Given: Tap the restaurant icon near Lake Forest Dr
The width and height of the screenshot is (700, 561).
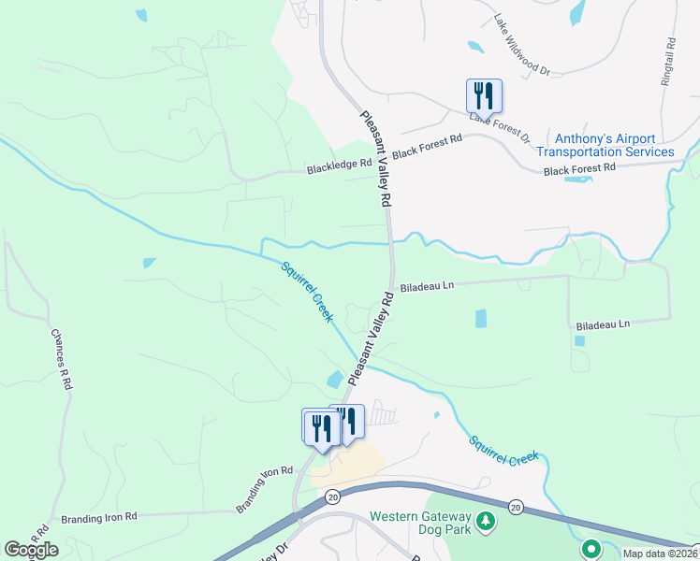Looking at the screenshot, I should click(484, 95).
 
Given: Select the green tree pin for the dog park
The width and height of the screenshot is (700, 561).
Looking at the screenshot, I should click(485, 521).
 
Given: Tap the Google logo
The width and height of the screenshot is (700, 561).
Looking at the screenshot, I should click(31, 550).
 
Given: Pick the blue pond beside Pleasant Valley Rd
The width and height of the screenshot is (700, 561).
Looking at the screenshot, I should click(334, 380).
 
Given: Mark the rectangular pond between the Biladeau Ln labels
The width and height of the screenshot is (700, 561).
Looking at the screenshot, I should click(481, 318).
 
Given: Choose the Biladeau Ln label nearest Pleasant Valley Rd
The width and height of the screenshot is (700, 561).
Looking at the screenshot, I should click(427, 286).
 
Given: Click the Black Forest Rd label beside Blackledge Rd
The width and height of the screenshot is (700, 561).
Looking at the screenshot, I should click(428, 146).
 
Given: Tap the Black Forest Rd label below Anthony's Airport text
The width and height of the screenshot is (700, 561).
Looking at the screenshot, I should click(579, 167).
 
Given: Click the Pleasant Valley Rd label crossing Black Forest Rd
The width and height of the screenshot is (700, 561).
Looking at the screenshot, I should click(375, 159).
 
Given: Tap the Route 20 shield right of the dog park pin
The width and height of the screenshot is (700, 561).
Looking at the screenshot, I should click(516, 507).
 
